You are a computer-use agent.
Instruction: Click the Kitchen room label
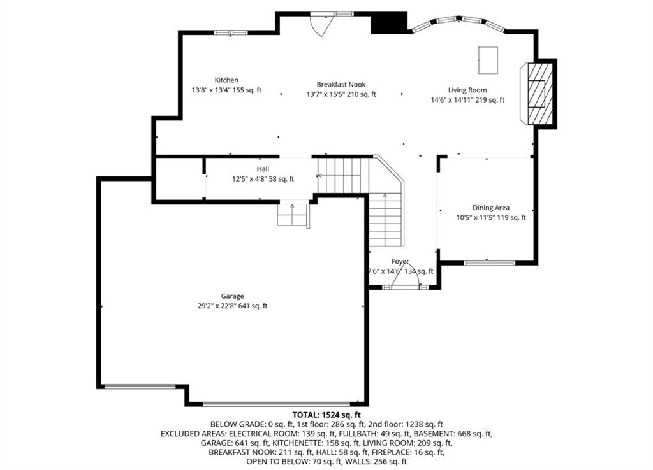coord(226,80)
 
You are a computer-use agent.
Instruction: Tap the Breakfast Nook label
coord(341,85)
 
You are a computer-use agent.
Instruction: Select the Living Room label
coord(467,90)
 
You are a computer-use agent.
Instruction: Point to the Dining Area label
coord(491,208)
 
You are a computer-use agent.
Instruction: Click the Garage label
coord(232,296)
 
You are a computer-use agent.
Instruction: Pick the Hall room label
coord(263,169)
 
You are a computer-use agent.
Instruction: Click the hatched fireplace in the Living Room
coord(540,94)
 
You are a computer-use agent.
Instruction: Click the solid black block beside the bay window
coord(389,23)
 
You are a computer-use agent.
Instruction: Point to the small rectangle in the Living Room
coord(488,61)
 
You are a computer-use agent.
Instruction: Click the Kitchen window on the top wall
coord(230,32)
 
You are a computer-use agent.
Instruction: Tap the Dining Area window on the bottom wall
coord(489,262)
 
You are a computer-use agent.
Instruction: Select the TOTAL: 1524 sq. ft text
coord(326,415)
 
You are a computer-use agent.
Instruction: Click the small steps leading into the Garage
coord(293,215)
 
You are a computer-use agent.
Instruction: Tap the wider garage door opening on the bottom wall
coord(276,404)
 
